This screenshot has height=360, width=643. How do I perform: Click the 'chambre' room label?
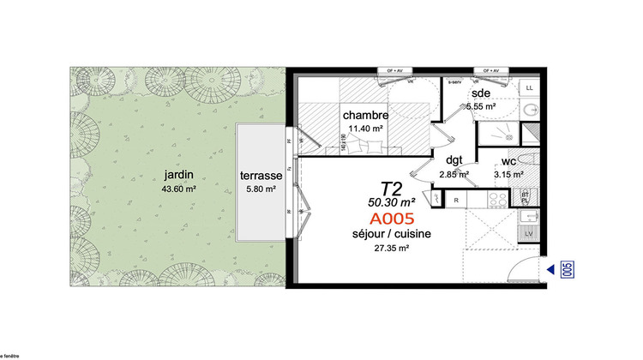(366, 116)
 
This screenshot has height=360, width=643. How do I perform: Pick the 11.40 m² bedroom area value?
(365, 129)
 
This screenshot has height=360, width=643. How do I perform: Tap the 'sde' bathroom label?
(480, 93)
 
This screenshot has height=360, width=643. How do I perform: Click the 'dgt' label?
(454, 159)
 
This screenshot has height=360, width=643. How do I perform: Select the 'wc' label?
(508, 160)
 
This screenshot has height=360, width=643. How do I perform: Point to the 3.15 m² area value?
(508, 175)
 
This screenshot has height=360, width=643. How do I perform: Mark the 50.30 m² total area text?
(392, 202)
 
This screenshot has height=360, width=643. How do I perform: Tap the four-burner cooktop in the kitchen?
(498, 199)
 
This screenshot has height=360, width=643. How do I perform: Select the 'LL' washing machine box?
(530, 88)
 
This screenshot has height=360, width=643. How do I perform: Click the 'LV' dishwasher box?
(530, 234)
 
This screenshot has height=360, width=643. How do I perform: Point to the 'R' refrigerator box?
(457, 200)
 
